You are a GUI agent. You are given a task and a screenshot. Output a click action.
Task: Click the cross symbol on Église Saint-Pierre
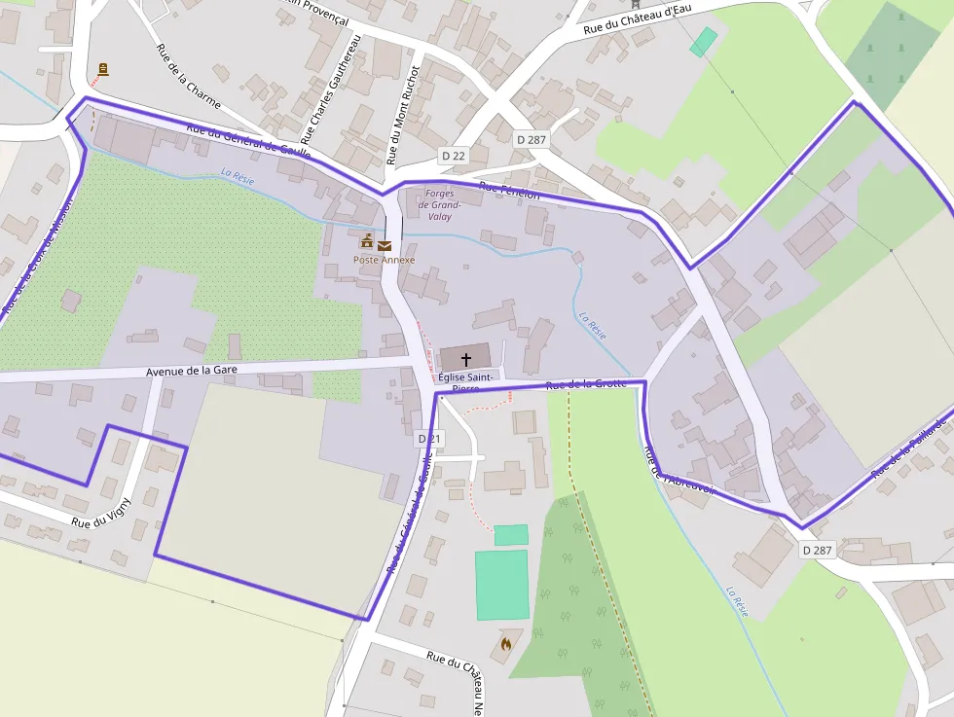[465, 359]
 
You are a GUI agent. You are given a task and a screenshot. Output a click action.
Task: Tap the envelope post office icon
[385, 245]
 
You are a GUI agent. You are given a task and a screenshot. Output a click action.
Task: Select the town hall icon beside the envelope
[367, 241]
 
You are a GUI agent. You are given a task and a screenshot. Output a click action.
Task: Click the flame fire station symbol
[505, 643]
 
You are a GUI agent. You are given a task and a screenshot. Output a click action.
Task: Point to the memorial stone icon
[103, 69]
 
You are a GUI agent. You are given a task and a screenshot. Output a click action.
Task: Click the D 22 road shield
[453, 156]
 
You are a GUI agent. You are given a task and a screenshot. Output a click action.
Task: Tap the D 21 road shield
[429, 439]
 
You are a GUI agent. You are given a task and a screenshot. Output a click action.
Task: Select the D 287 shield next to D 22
[532, 139]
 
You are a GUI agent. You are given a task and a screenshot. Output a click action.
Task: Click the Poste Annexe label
[384, 260]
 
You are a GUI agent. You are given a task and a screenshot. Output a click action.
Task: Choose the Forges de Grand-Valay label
[439, 205]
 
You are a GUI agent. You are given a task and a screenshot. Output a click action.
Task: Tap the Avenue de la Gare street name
[192, 371]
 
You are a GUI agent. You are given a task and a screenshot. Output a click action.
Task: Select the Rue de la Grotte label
[586, 385]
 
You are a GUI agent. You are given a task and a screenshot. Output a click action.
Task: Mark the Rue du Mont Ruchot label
[401, 115]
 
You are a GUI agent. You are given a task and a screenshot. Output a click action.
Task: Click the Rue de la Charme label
[189, 76]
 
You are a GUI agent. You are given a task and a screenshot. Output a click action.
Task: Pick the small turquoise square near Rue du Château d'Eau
[703, 41]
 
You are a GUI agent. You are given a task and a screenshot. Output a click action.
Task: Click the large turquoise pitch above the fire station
[501, 584]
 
